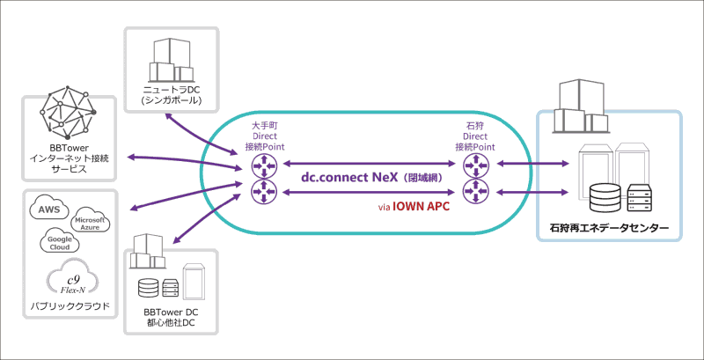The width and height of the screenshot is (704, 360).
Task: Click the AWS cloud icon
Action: click(x=48, y=209)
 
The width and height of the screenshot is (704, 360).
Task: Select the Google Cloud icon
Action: click(x=60, y=242)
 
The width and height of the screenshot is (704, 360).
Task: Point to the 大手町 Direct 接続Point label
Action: click(x=263, y=136)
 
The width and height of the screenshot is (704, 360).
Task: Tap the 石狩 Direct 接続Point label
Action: click(x=474, y=136)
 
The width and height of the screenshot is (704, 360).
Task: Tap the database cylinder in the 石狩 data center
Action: click(x=604, y=197)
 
